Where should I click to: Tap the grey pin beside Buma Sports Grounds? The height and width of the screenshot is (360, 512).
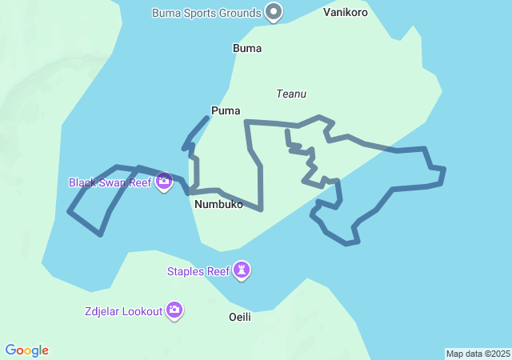(x=274, y=12)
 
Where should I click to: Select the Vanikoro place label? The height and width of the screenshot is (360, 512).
(x=346, y=13)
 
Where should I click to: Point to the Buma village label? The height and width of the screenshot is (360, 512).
(x=247, y=48)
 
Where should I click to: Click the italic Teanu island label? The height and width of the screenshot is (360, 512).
(x=291, y=94)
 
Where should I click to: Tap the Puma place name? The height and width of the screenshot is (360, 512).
(x=226, y=110)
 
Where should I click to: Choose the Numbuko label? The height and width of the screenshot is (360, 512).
(x=218, y=204)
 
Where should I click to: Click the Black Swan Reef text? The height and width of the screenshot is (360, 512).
(x=110, y=182)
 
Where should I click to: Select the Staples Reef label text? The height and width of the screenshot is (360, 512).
(x=198, y=271)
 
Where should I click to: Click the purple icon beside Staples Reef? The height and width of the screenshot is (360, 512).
(x=242, y=271)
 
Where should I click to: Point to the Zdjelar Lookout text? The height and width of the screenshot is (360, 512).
(x=122, y=310)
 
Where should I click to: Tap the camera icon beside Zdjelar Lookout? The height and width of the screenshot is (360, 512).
(x=174, y=310)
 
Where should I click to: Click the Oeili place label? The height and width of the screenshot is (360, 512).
(x=240, y=317)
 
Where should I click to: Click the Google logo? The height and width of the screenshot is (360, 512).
(x=27, y=350)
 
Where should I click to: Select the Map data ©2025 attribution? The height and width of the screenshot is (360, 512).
(x=478, y=354)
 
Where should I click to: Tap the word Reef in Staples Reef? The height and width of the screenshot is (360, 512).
(x=218, y=271)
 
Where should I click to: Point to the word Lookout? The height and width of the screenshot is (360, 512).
(x=142, y=310)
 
